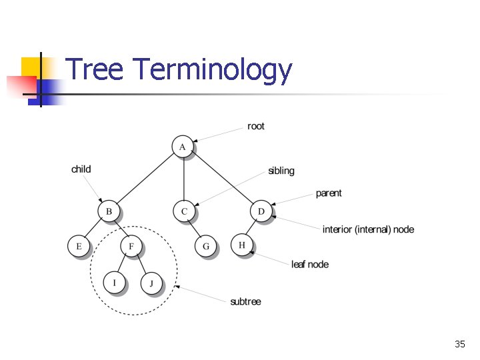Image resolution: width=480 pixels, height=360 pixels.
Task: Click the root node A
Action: [x=182, y=146]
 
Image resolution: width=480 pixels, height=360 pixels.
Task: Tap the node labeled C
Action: [x=184, y=211]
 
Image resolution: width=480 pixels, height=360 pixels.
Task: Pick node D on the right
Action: [x=261, y=211]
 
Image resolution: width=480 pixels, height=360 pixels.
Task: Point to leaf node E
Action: [x=79, y=247]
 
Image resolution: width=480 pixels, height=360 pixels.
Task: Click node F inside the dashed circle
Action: [x=131, y=247]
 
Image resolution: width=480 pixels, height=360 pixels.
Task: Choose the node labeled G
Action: [x=206, y=247]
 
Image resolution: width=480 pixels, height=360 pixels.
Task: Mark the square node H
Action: [x=242, y=245]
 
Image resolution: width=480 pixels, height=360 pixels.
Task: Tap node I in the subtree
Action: [x=114, y=283]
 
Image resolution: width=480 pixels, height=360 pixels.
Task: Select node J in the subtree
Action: [x=151, y=284]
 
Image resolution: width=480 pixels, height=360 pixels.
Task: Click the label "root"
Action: [x=256, y=126]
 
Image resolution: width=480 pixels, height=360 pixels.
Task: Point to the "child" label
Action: [x=81, y=169]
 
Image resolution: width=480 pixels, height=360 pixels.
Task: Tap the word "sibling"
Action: [x=281, y=171]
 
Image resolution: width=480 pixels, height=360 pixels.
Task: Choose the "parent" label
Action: [x=329, y=193]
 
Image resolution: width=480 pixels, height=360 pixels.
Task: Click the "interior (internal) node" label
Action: [x=368, y=229]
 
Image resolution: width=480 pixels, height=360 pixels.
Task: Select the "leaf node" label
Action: [x=310, y=265]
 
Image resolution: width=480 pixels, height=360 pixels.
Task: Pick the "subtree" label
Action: [x=245, y=302]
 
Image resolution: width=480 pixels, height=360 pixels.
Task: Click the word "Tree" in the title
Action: [x=95, y=70]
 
